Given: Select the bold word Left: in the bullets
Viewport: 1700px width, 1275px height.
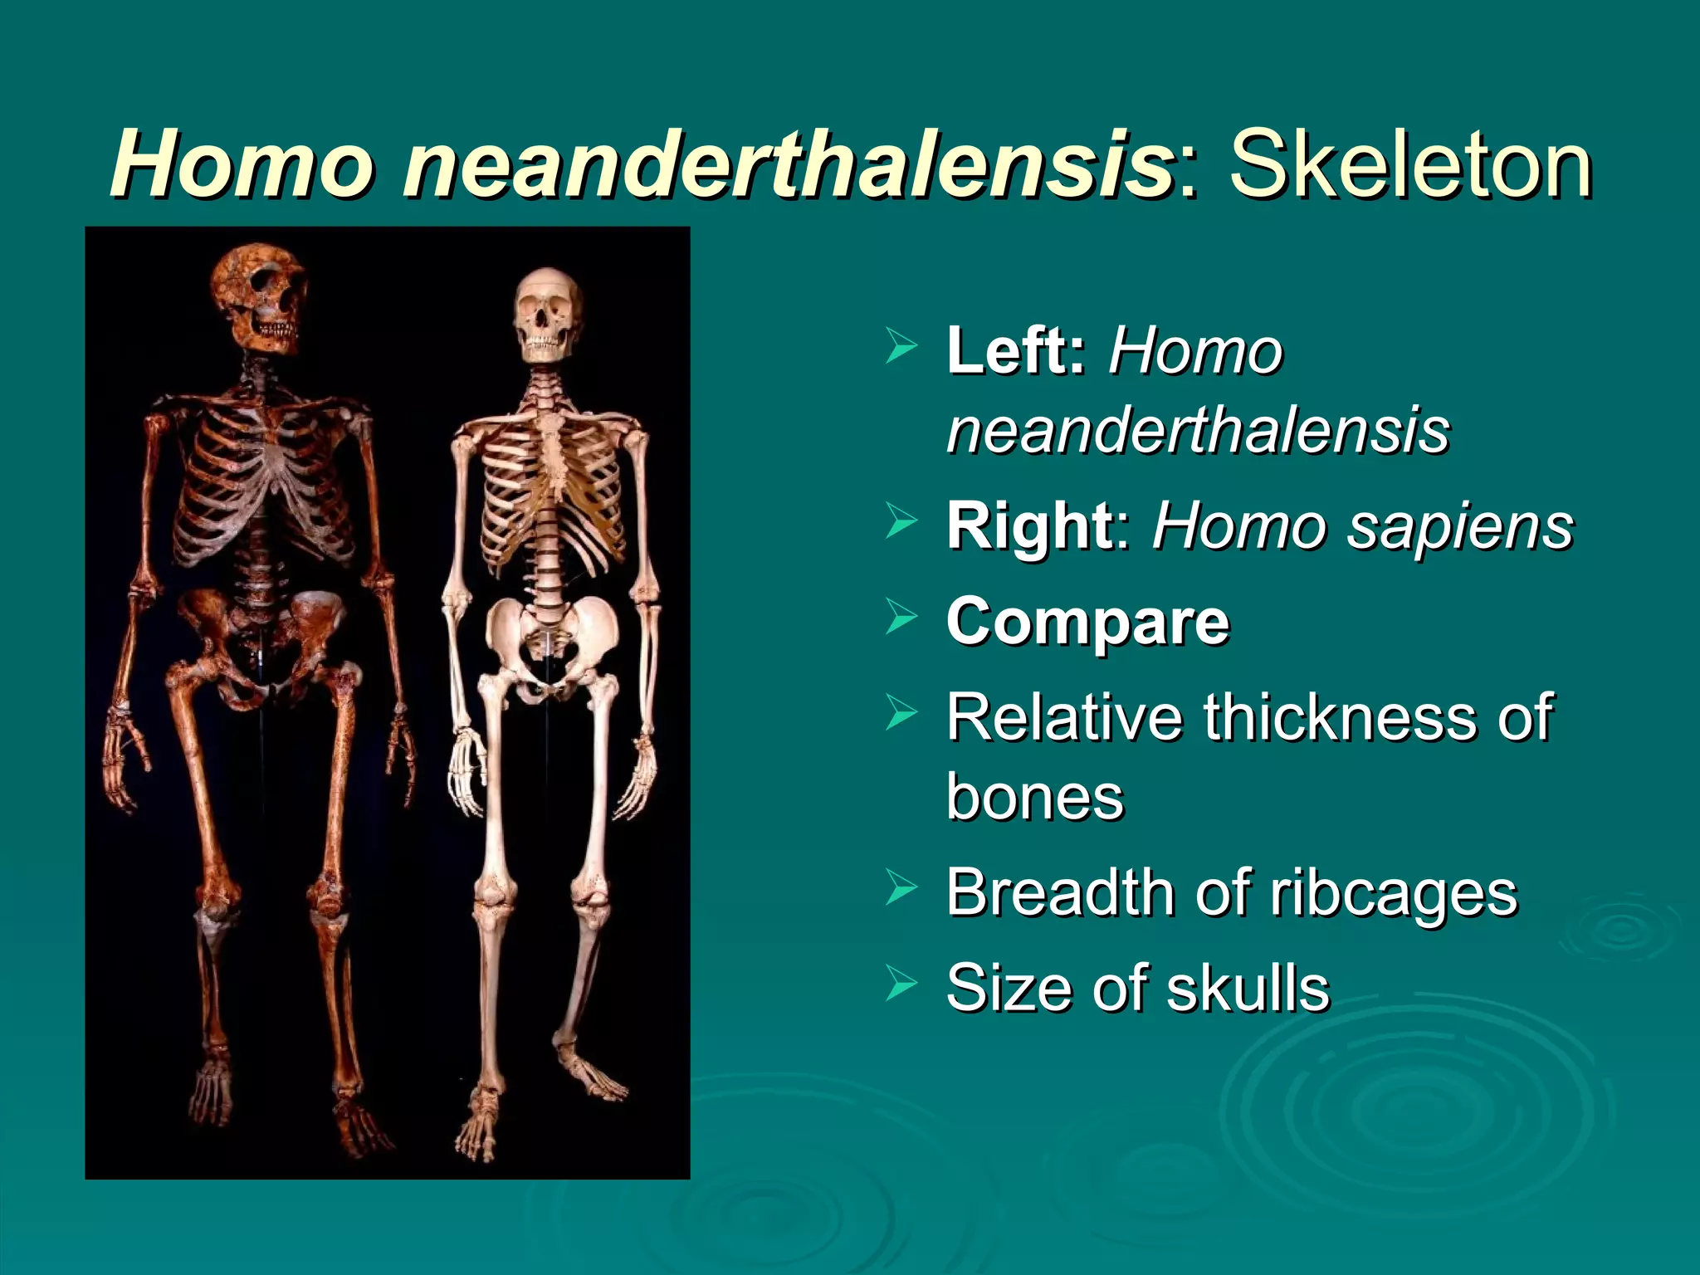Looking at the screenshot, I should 1016,351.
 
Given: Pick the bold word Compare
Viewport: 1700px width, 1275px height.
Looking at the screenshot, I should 1087,623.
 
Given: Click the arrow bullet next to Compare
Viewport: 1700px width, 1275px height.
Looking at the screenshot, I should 901,618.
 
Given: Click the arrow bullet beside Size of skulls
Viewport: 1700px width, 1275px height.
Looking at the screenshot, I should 901,985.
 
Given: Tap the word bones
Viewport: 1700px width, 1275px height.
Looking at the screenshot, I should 1034,798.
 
